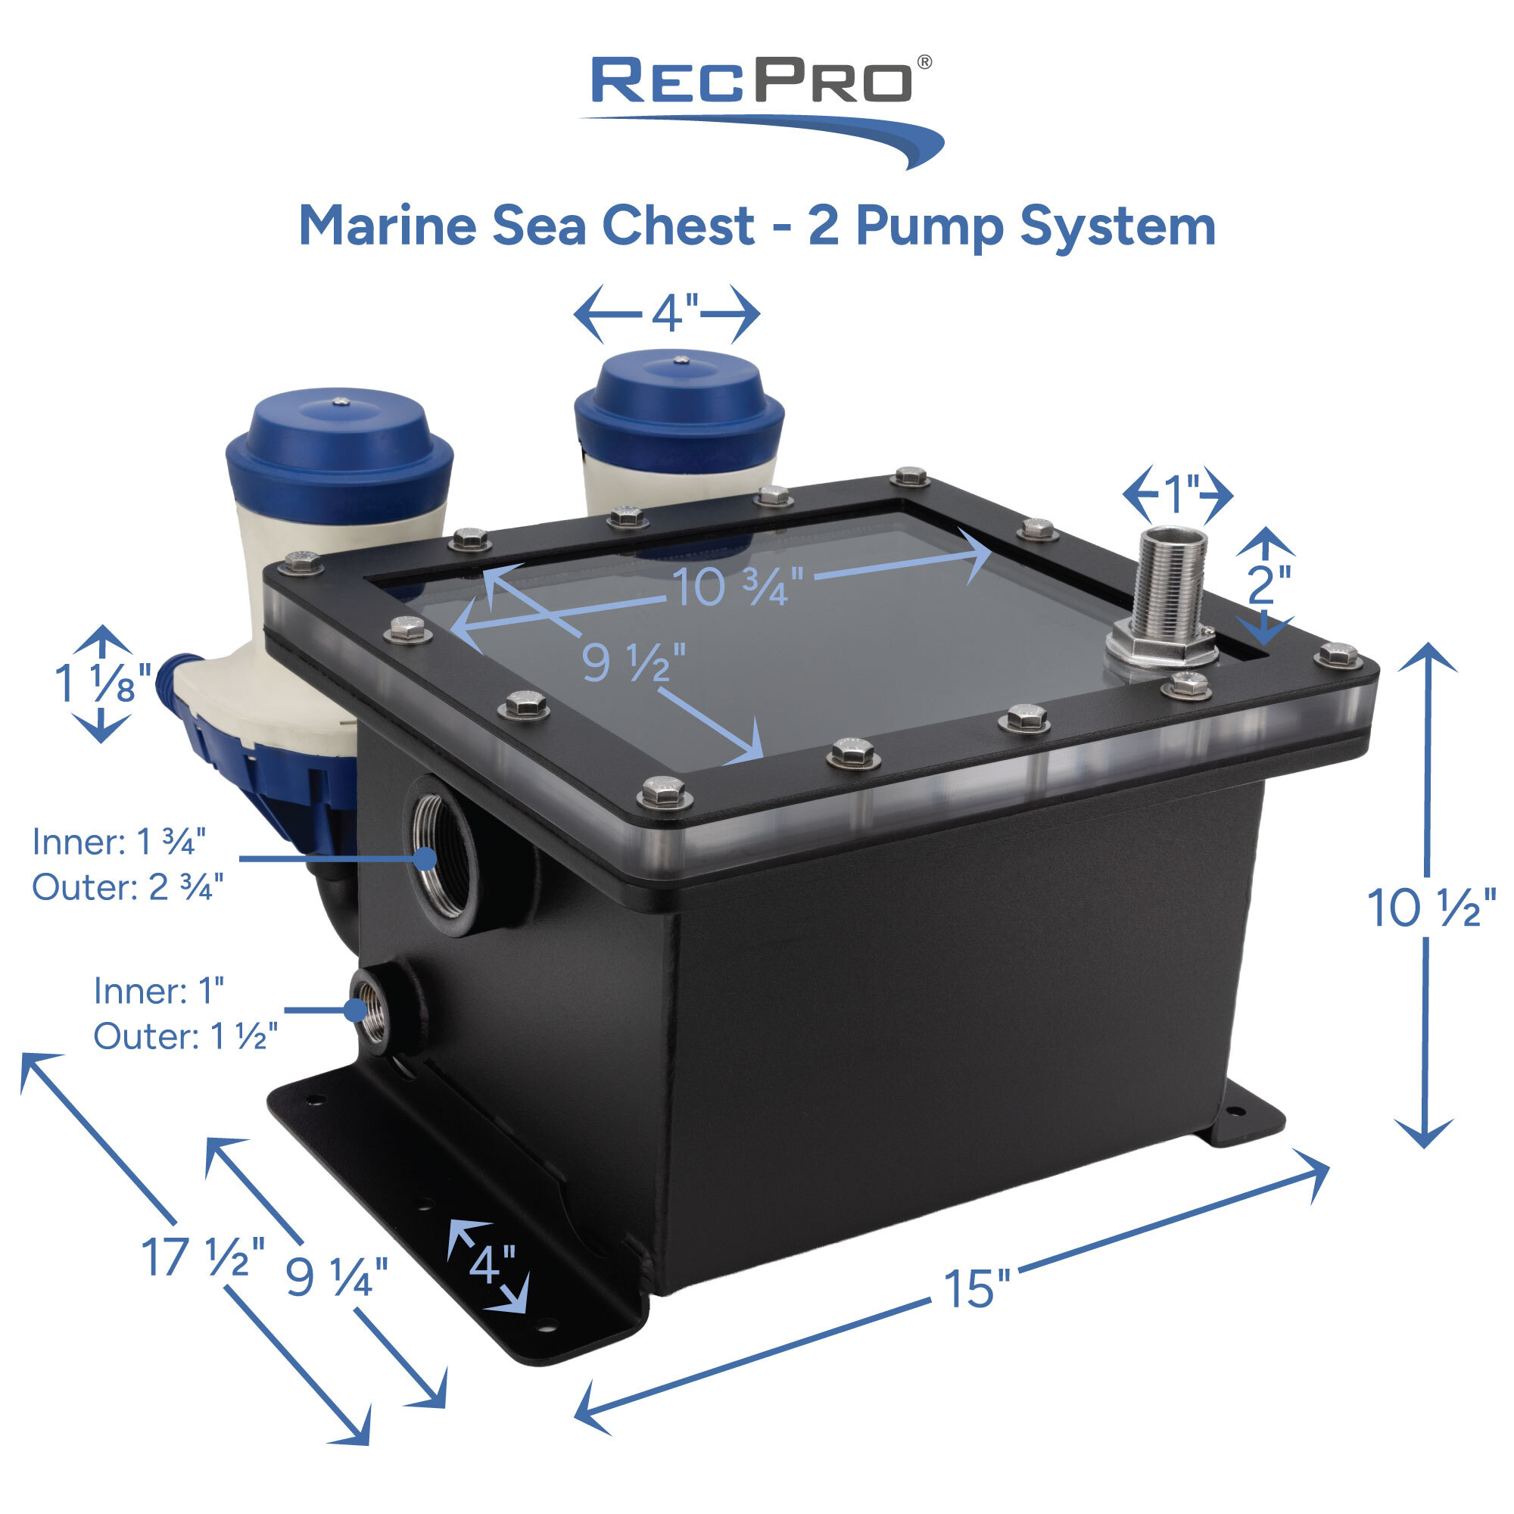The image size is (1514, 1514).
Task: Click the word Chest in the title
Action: click(x=678, y=226)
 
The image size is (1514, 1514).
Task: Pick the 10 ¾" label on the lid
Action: click(x=737, y=586)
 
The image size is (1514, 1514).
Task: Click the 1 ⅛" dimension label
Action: click(x=102, y=682)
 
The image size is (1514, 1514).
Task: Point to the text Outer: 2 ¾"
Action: click(x=128, y=887)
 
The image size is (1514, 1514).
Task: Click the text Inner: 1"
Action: click(x=159, y=992)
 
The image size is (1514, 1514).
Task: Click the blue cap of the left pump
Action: click(x=338, y=443)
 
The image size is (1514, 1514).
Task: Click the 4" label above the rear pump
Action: click(x=674, y=313)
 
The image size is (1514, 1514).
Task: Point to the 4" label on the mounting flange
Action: click(x=491, y=1263)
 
